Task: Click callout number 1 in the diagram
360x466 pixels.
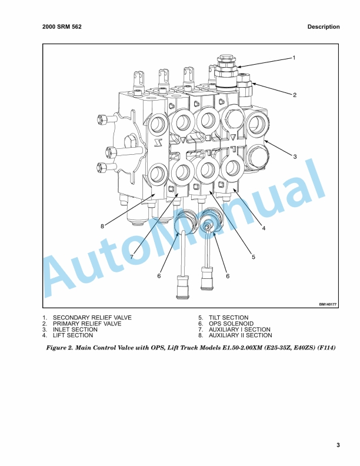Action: [x=294, y=58]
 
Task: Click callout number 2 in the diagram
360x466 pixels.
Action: [x=295, y=95]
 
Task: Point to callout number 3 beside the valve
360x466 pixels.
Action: [x=295, y=157]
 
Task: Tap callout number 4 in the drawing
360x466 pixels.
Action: [x=264, y=228]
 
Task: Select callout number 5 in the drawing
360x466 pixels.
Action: [x=254, y=257]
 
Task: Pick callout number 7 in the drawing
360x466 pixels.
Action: [x=132, y=257]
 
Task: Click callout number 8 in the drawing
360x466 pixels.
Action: [x=102, y=226]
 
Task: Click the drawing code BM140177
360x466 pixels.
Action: [x=328, y=305]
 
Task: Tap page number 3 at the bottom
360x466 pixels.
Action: [x=338, y=445]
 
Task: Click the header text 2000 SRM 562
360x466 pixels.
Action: [x=62, y=26]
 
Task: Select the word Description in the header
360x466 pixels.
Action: [x=324, y=26]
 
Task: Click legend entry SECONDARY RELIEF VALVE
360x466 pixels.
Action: [x=92, y=318]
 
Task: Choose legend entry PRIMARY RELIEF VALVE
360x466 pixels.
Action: [x=87, y=324]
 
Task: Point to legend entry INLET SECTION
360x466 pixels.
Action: [x=75, y=329]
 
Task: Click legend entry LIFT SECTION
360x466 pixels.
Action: [x=73, y=335]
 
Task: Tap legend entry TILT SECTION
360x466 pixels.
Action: [x=228, y=318]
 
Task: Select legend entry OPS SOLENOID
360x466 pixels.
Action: [x=231, y=324]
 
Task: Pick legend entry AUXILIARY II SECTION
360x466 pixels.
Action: [x=241, y=335]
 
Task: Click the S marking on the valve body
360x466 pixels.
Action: [x=157, y=144]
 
